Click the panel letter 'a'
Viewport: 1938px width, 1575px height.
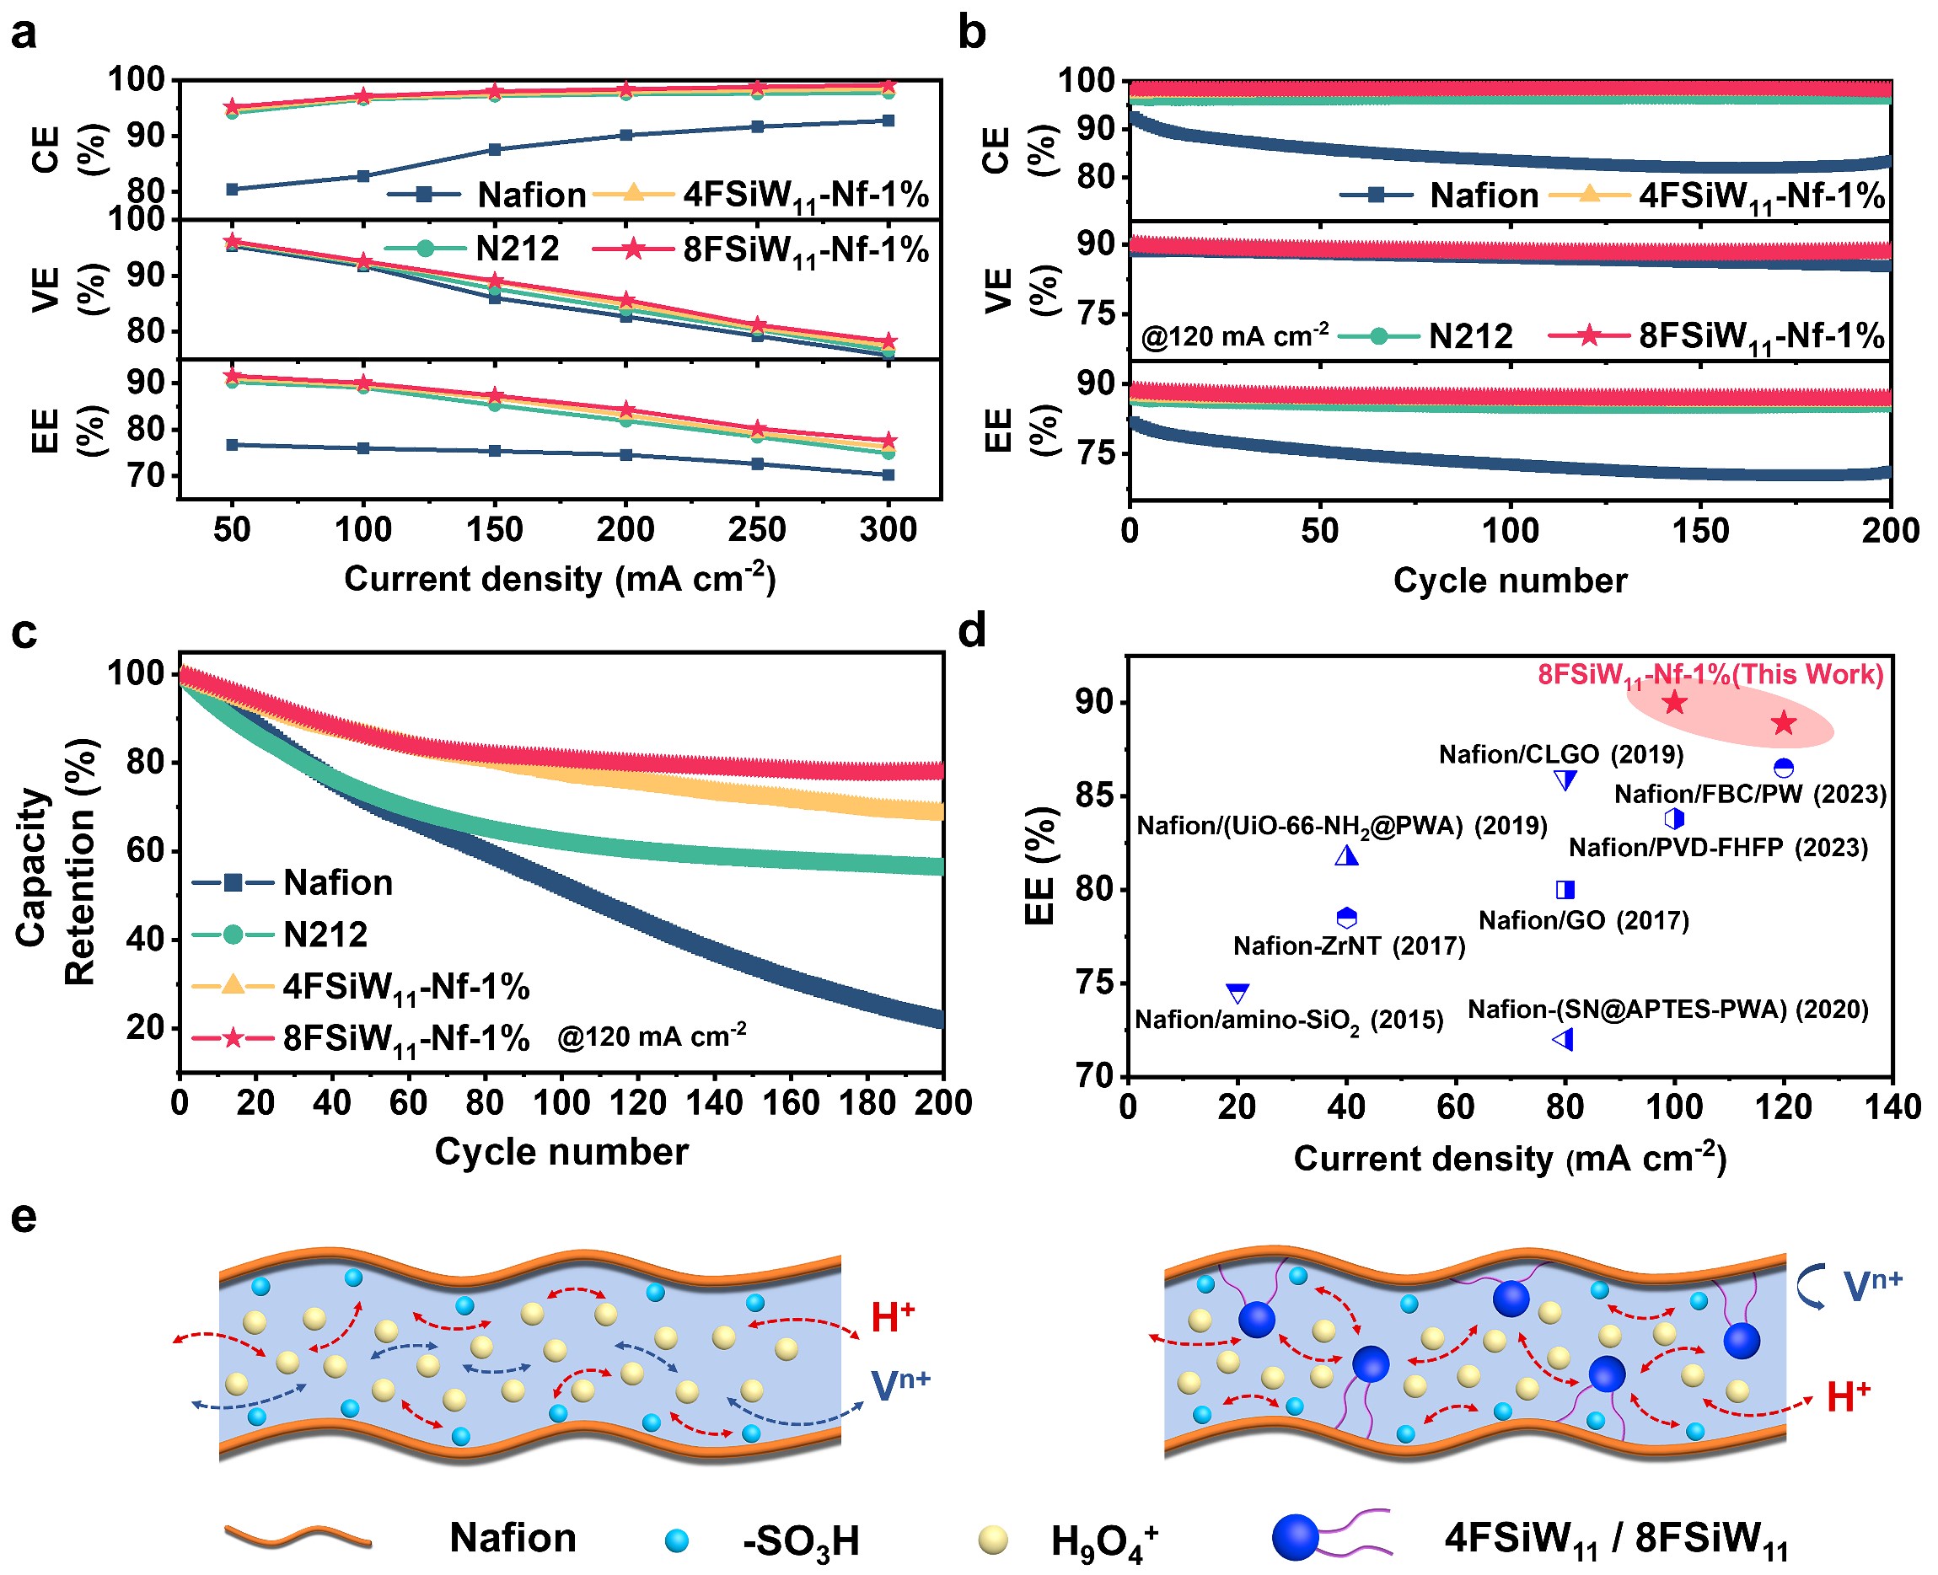(x=24, y=33)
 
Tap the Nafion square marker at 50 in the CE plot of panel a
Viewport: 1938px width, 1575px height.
(x=233, y=190)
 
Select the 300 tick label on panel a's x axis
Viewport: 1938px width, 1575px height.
(x=888, y=530)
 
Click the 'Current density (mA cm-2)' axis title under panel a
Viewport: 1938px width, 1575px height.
(x=560, y=579)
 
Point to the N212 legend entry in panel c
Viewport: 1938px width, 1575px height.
(x=325, y=935)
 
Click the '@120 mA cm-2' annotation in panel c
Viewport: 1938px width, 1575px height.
(x=652, y=1036)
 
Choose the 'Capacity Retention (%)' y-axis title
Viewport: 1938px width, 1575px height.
(x=56, y=862)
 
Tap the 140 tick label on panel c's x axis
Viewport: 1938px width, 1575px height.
(x=715, y=1103)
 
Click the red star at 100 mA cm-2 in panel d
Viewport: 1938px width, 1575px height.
(x=1674, y=702)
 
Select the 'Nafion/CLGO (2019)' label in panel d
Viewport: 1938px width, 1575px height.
(x=1560, y=755)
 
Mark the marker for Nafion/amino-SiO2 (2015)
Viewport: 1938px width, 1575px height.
(x=1237, y=994)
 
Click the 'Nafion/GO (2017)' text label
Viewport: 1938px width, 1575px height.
(x=1583, y=921)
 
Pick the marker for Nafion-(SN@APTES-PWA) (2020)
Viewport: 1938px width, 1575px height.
(x=1563, y=1040)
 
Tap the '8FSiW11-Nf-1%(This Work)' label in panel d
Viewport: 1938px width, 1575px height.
(x=1710, y=675)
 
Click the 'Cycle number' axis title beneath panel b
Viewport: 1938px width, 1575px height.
(x=1510, y=581)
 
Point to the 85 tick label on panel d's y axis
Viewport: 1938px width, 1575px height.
(x=1094, y=796)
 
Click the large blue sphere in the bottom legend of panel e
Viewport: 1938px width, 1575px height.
(x=1296, y=1537)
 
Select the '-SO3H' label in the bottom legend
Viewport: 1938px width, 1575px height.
(x=800, y=1540)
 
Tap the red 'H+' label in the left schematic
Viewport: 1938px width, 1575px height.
(x=893, y=1317)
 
